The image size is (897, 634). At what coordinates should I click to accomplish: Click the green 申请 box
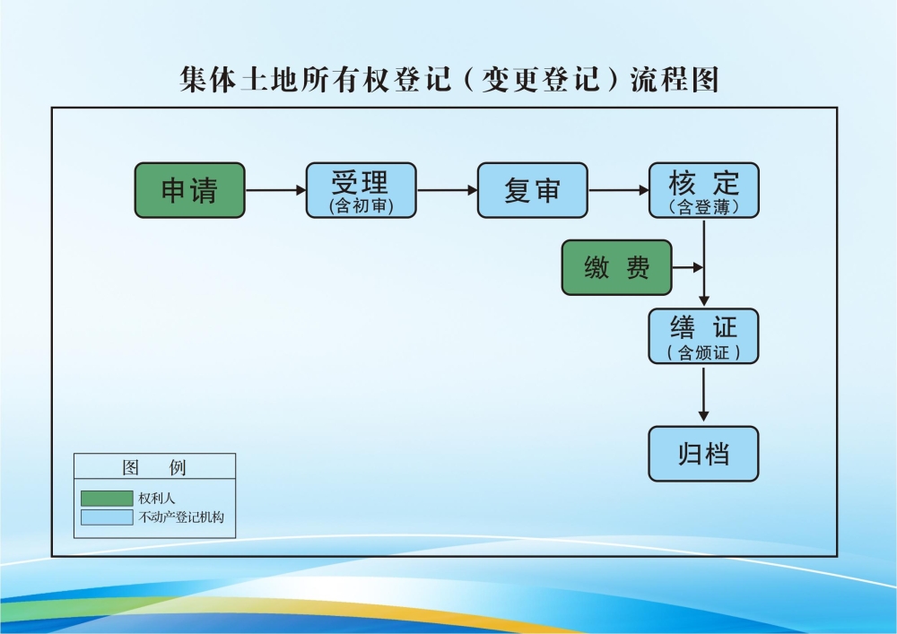click(x=189, y=190)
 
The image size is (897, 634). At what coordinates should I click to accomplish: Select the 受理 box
click(x=361, y=190)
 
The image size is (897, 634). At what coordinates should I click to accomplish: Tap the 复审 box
click(x=532, y=190)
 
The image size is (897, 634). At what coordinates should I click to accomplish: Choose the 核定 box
click(x=703, y=190)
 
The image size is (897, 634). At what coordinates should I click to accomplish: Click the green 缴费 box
click(x=616, y=267)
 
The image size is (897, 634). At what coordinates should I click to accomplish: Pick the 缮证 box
click(x=703, y=335)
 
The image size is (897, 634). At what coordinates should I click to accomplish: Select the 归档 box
click(x=703, y=454)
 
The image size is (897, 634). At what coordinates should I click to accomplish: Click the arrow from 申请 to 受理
click(x=275, y=190)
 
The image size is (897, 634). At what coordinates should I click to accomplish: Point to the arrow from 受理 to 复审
click(x=447, y=190)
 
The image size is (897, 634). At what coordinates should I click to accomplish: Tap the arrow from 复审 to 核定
click(x=618, y=190)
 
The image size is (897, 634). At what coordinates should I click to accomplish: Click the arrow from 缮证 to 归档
click(x=703, y=395)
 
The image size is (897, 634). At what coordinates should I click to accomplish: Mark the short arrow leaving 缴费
click(x=687, y=267)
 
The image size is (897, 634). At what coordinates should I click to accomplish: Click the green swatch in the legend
click(x=106, y=498)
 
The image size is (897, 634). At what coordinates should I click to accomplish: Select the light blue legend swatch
click(x=106, y=517)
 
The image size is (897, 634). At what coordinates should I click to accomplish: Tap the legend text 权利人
click(x=157, y=498)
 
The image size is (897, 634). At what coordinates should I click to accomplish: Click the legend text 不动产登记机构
click(x=180, y=517)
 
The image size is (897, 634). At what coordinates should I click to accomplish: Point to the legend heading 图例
click(x=154, y=468)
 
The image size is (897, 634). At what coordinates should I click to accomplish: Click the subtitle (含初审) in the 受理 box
click(x=361, y=207)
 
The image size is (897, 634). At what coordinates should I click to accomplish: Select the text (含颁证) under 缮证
click(x=703, y=352)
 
